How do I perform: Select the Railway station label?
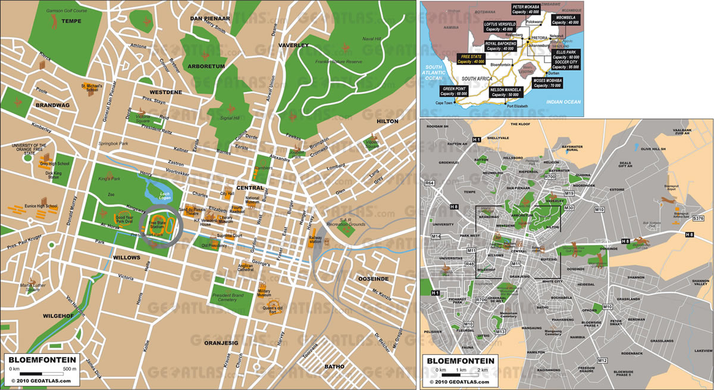pos(315,239)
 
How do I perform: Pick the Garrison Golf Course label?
pos(64,11)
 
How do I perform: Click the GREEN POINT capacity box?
pos(455,91)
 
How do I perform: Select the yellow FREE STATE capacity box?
pos(471,58)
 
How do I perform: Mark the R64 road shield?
pos(430,183)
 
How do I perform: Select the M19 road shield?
pos(568,194)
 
